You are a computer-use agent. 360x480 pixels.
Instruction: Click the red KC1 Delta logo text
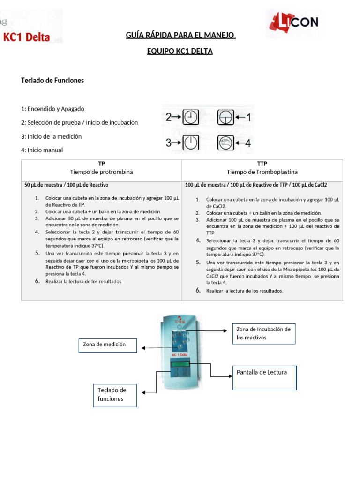point(27,37)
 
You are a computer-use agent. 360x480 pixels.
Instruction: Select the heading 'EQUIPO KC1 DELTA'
point(180,51)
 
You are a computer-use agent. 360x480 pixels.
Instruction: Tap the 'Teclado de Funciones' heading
point(52,80)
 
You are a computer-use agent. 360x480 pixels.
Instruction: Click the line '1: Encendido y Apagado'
point(52,109)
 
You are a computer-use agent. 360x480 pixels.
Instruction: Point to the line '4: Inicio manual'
point(42,150)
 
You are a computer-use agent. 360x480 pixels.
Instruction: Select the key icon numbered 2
point(190,117)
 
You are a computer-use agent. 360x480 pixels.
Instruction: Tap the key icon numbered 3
point(190,142)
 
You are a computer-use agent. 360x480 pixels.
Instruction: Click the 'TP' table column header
point(101,164)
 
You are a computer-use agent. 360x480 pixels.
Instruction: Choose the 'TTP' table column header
point(262,164)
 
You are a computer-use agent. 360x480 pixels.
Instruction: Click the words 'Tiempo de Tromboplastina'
point(262,172)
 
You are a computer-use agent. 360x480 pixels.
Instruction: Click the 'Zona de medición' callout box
point(107,345)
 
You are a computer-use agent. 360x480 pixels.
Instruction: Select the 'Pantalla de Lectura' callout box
point(264,377)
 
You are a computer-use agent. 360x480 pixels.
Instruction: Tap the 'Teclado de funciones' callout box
point(115,394)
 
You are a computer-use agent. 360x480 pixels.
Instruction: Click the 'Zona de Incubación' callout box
point(264,333)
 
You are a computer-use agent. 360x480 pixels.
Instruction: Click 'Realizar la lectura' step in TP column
point(84,281)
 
